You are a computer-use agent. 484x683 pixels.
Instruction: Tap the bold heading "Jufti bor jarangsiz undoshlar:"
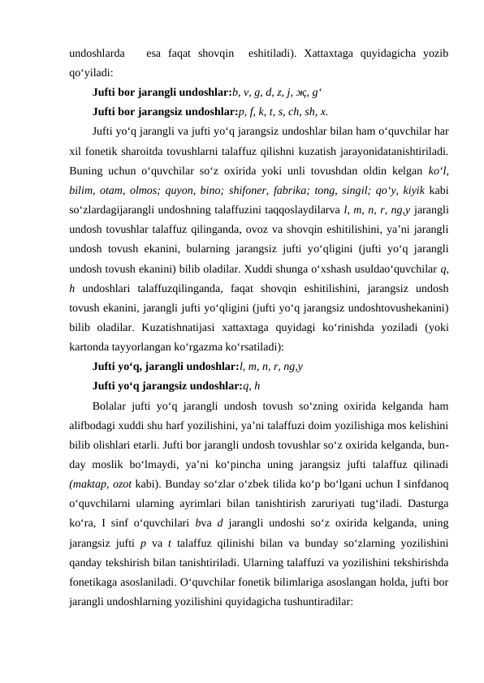coord(166,112)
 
